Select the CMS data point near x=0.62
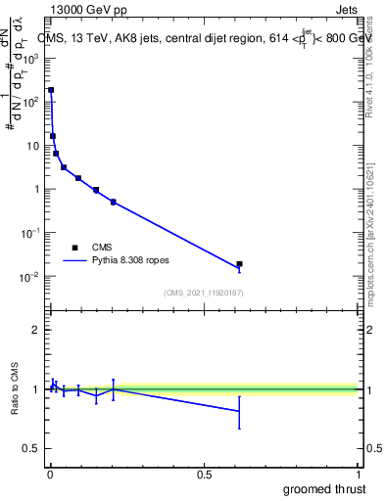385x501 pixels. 239,264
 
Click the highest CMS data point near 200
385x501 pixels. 51,90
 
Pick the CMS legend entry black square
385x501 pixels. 74,248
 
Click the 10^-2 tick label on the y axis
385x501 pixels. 30,277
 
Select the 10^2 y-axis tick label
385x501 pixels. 30,102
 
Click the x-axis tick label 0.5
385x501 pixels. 204,475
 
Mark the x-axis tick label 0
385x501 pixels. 49,475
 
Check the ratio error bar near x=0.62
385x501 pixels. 239,411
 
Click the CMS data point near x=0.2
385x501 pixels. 114,203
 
